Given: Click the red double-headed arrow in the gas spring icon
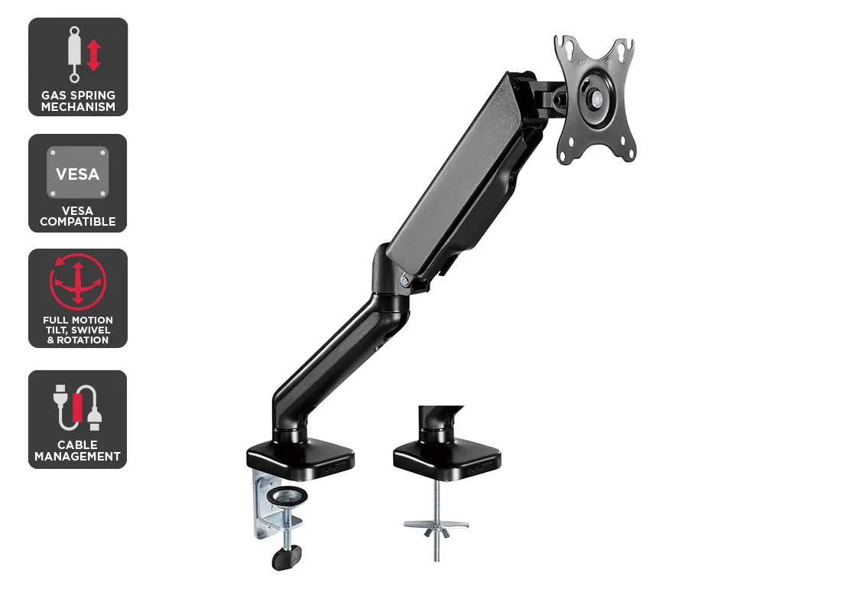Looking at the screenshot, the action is [94, 55].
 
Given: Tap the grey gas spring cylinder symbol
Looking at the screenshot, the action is [74, 54].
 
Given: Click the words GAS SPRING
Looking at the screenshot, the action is [78, 95].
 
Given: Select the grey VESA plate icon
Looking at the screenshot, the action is [78, 172].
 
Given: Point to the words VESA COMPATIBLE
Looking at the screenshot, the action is [78, 216].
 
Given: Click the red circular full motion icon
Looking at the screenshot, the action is [78, 281].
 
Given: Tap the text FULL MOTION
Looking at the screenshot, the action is [78, 320].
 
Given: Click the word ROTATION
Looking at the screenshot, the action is [83, 340].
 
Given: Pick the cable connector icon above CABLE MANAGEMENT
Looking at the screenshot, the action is [78, 407].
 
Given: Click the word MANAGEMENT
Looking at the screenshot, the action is [78, 456].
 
